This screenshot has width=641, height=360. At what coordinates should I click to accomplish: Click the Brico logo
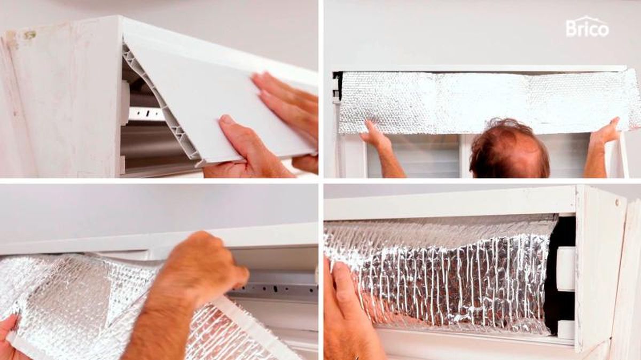[x=587, y=27]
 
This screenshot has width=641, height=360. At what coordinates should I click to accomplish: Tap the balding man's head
[x=510, y=149]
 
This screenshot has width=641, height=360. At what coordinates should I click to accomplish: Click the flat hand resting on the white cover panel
[x=286, y=103]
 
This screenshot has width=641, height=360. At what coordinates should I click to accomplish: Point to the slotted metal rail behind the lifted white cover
[x=146, y=114]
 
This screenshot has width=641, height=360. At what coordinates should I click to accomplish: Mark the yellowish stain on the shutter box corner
[x=30, y=35]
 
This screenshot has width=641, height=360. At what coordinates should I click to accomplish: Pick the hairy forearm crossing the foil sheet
[x=160, y=323]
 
